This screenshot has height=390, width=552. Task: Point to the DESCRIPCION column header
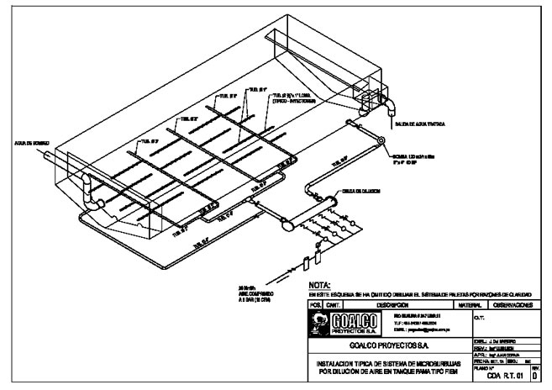(x=392, y=304)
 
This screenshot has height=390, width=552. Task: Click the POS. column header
(x=316, y=304)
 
